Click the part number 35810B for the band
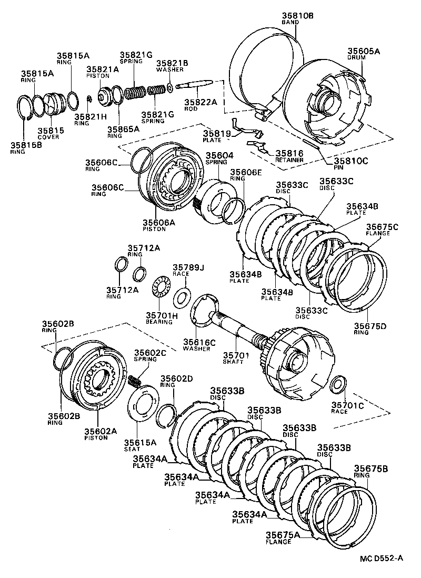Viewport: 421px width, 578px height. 297,16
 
